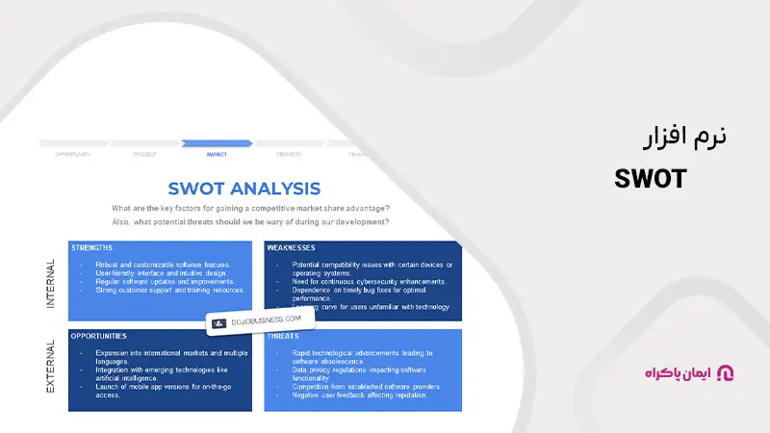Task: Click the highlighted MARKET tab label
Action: tap(217, 153)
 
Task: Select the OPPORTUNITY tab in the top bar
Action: tap(72, 153)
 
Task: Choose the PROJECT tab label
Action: tap(144, 153)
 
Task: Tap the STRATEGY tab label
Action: tap(289, 153)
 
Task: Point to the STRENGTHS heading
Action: tap(92, 248)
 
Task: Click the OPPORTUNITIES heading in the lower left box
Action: tap(99, 337)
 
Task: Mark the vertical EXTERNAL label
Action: tap(50, 368)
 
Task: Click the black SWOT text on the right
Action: tap(651, 179)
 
